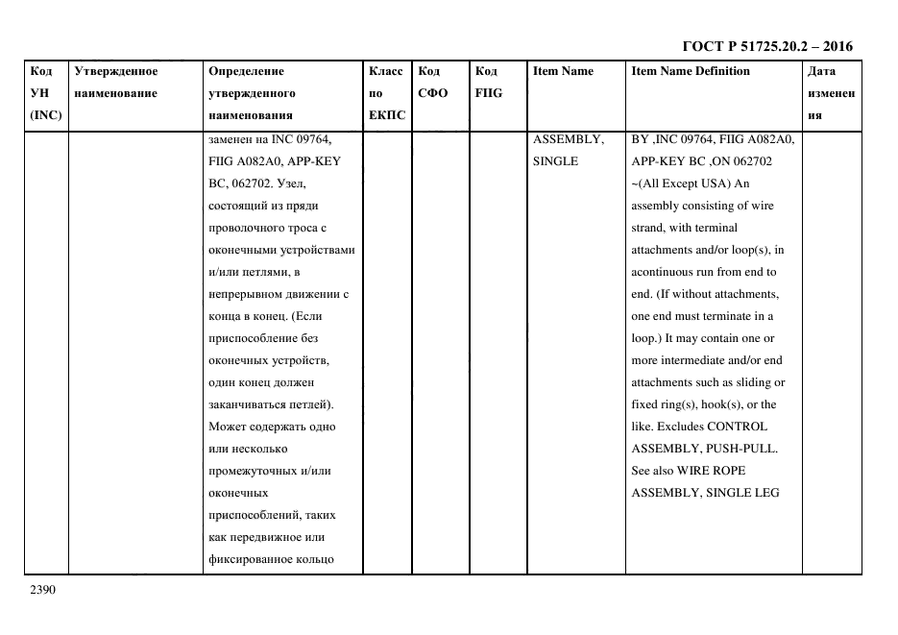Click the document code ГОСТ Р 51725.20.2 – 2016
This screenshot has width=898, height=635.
(766, 46)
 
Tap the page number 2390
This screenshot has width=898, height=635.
(43, 589)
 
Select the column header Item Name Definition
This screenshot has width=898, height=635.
(691, 71)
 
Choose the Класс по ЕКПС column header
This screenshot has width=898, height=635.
(386, 93)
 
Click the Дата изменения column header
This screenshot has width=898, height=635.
(831, 93)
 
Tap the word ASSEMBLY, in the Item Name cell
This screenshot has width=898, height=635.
(568, 139)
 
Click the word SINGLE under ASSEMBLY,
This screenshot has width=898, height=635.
(555, 161)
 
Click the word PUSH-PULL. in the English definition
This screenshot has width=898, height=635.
(742, 449)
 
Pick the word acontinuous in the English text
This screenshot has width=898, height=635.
(665, 272)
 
